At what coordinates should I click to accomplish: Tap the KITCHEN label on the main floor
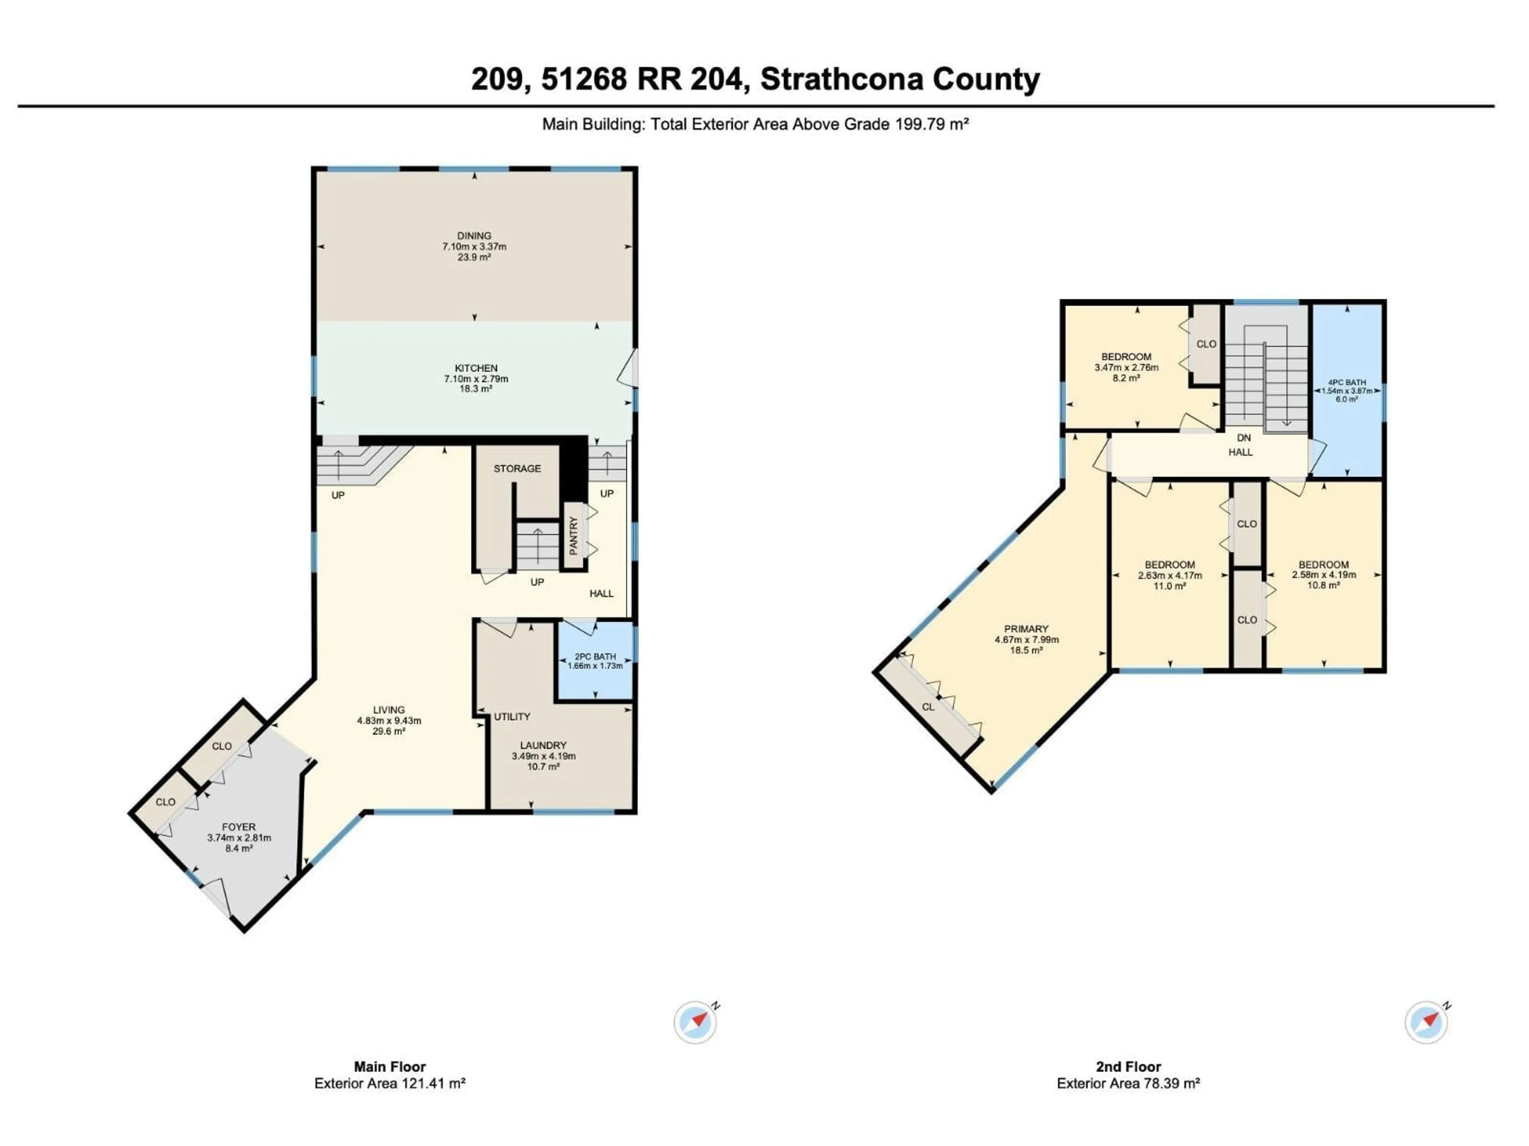click(x=475, y=368)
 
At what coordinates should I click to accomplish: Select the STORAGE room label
click(x=517, y=468)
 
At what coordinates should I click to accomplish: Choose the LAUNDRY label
click(x=543, y=745)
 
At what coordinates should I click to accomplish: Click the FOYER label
click(x=239, y=827)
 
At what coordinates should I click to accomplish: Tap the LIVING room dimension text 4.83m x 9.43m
click(x=389, y=721)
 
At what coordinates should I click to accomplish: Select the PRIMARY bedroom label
click(x=1026, y=629)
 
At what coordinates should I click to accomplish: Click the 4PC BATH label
click(x=1347, y=382)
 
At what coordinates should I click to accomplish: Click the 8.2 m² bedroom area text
click(x=1126, y=378)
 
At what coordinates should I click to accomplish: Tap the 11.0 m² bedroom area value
click(x=1169, y=586)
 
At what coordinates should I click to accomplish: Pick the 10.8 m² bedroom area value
click(x=1323, y=585)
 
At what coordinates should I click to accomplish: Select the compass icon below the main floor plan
click(x=695, y=1022)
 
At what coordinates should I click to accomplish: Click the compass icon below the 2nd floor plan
click(x=1426, y=1022)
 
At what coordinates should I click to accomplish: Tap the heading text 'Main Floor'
click(x=390, y=1066)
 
